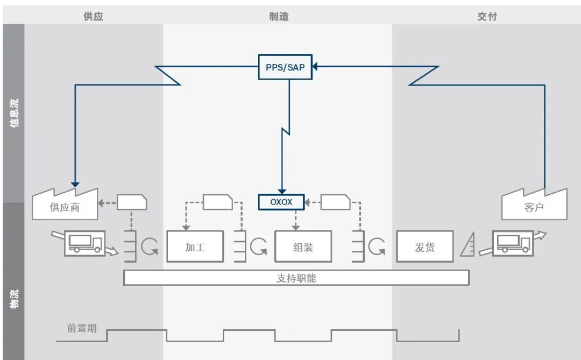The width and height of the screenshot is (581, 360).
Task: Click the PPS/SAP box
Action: [x=285, y=67]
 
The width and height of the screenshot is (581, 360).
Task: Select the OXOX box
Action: [x=281, y=202]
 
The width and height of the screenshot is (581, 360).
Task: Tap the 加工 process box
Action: [x=195, y=247]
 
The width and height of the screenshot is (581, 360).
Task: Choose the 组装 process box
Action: [x=303, y=247]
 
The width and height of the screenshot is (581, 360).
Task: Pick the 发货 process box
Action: [x=424, y=247]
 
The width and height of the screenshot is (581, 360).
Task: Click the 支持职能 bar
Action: [x=296, y=278]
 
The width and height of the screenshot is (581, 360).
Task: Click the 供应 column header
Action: [x=93, y=16]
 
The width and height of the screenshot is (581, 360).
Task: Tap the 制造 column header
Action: [x=279, y=16]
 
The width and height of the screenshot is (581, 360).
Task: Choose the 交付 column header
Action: [x=487, y=16]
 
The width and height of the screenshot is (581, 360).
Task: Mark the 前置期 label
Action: [x=82, y=328]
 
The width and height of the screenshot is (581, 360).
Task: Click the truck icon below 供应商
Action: [x=85, y=243]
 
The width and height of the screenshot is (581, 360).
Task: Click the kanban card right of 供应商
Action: [x=132, y=202]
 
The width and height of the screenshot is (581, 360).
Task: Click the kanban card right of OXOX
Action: [x=335, y=202]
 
